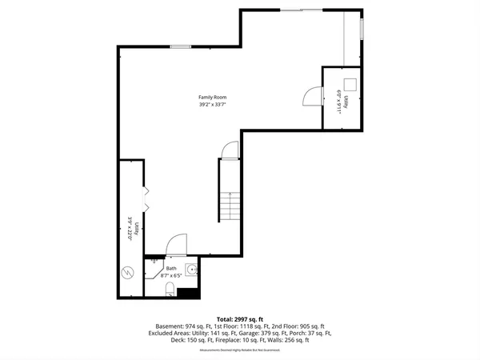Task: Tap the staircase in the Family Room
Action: point(230,208)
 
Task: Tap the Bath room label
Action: point(170,269)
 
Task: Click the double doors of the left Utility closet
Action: point(145,196)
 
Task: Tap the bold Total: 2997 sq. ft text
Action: point(239,318)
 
